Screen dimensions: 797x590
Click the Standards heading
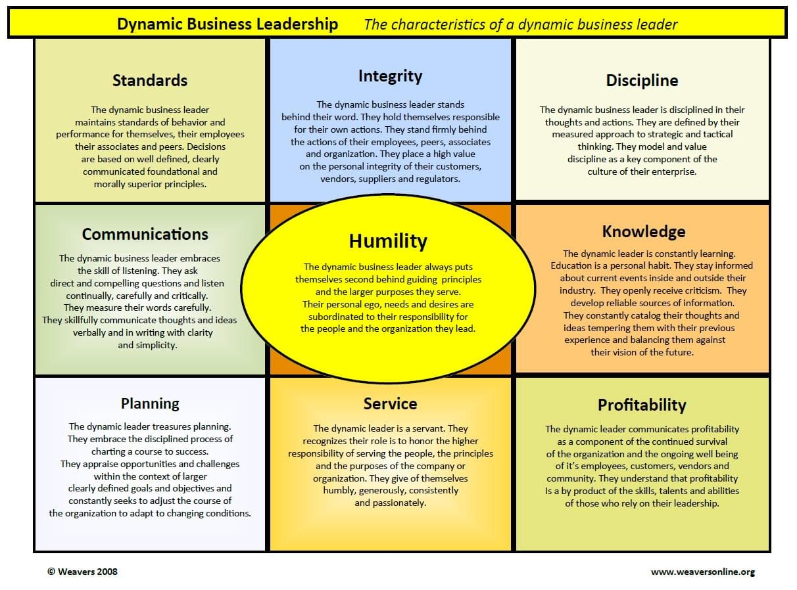click(x=150, y=80)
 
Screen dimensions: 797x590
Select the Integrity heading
click(x=390, y=76)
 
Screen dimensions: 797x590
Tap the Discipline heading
click(x=642, y=80)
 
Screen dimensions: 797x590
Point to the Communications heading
click(x=145, y=234)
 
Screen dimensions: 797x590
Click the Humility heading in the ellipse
click(x=388, y=241)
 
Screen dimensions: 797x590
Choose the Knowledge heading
click(x=644, y=232)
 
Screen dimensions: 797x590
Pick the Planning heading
click(x=150, y=404)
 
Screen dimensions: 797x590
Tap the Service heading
click(x=390, y=403)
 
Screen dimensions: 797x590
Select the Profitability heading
click(x=642, y=405)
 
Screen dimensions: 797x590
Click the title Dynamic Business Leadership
click(x=228, y=24)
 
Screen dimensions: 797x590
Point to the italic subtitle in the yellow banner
click(x=521, y=25)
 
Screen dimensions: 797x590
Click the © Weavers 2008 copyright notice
click(x=82, y=572)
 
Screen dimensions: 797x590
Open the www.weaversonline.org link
click(x=703, y=572)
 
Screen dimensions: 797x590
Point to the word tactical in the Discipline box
click(x=716, y=134)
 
